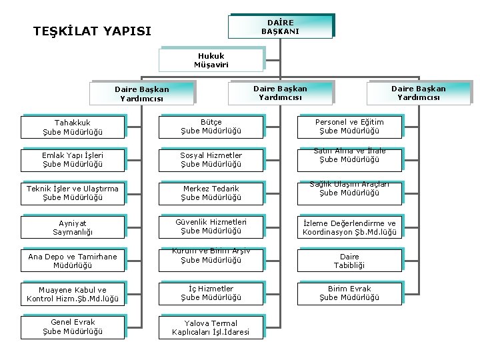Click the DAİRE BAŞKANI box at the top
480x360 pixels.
pyautogui.click(x=280, y=27)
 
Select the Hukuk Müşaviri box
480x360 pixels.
pyautogui.click(x=211, y=60)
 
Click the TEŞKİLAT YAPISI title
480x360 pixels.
pyautogui.click(x=93, y=31)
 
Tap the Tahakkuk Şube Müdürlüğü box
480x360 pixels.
pyautogui.click(x=73, y=127)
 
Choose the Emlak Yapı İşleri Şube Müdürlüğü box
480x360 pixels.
pyautogui.click(x=73, y=160)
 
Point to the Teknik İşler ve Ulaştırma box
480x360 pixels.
pyautogui.click(x=73, y=193)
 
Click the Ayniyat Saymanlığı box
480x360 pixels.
pyautogui.click(x=73, y=227)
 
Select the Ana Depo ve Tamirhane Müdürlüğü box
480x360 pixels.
pyautogui.click(x=73, y=261)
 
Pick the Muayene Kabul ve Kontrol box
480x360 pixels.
pyautogui.click(x=73, y=294)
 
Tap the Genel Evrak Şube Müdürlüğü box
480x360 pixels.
pyautogui.click(x=73, y=327)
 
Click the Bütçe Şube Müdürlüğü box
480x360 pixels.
pyautogui.click(x=211, y=127)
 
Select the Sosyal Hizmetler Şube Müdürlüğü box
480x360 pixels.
pyautogui.click(x=211, y=160)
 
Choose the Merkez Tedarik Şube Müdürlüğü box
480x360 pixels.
pyautogui.click(x=211, y=193)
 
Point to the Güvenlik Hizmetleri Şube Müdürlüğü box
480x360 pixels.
pyautogui.click(x=211, y=227)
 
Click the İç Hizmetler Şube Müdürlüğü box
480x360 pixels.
pyautogui.click(x=211, y=293)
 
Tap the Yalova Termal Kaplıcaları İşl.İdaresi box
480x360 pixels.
pyautogui.click(x=211, y=327)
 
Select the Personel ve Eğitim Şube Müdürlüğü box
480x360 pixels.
pyautogui.click(x=349, y=127)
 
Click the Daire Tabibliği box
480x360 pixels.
pyautogui.click(x=349, y=261)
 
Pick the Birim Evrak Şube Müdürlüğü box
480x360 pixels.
pyautogui.click(x=349, y=293)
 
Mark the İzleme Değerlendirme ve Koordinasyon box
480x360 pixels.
pyautogui.click(x=349, y=227)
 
